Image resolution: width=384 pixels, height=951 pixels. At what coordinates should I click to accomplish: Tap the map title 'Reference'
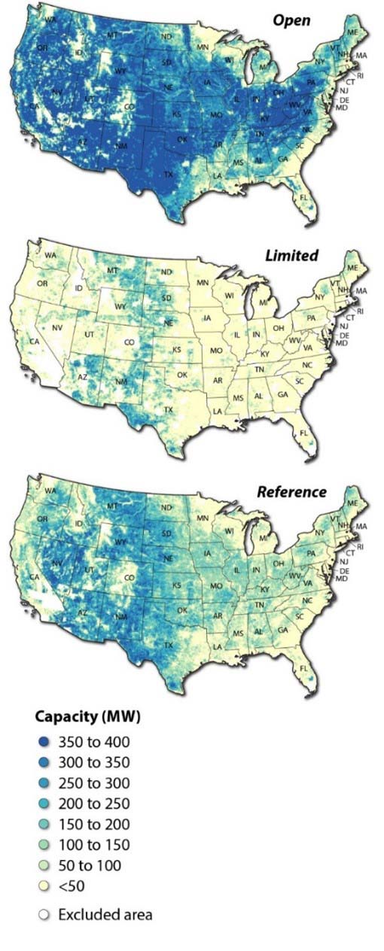point(292,492)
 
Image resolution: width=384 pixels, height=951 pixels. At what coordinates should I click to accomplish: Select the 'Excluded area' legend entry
point(95,915)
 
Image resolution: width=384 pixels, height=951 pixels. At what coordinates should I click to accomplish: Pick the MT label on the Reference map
point(113,509)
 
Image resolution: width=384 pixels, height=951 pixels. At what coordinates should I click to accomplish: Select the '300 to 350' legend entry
point(84,761)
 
